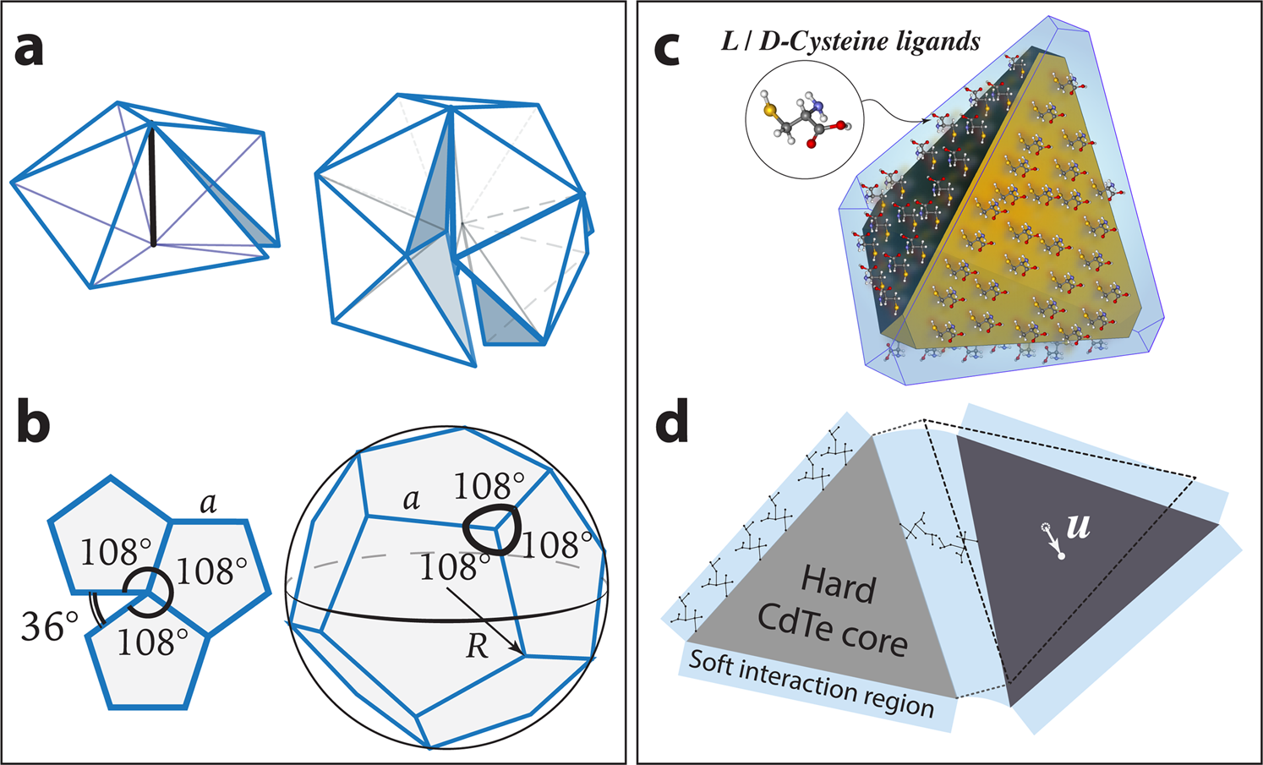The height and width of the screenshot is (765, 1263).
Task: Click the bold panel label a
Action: coord(30,51)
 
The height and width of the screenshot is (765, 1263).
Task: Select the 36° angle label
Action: coord(50,628)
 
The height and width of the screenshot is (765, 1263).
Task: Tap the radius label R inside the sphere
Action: coord(478,646)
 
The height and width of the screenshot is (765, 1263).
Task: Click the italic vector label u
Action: coord(1078,527)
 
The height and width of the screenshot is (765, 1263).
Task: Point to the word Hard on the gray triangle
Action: coord(838,584)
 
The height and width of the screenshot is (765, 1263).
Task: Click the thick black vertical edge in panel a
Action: coord(152,186)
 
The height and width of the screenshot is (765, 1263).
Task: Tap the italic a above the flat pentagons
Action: coord(208,504)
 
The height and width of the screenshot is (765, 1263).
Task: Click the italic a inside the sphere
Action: coord(412,499)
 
